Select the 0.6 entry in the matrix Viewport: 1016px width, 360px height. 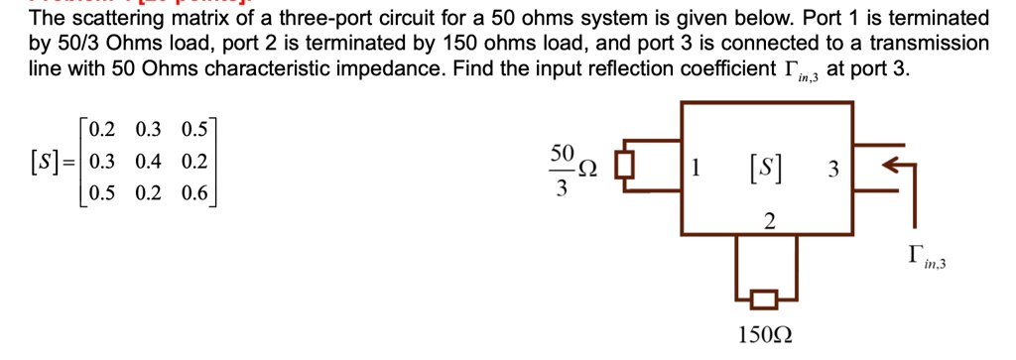pyautogui.click(x=194, y=193)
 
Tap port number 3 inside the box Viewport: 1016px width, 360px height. pyautogui.click(x=833, y=171)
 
